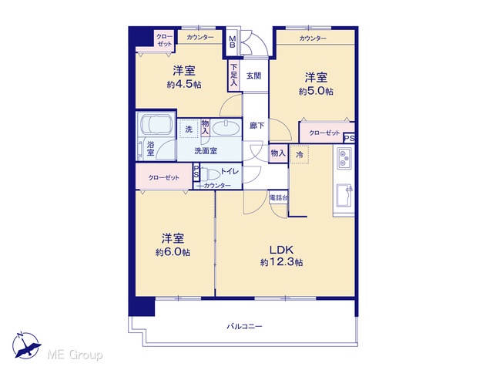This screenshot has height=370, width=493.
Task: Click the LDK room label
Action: (281, 250)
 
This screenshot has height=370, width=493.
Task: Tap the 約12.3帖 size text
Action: (281, 262)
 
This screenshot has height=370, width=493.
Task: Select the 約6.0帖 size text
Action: (173, 252)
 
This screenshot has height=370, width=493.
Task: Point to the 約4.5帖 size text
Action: (184, 84)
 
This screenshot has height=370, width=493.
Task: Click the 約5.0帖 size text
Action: (316, 91)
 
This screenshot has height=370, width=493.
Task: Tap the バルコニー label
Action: (244, 326)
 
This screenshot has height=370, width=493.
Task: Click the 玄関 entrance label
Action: (253, 76)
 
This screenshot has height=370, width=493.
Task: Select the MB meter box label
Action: (233, 42)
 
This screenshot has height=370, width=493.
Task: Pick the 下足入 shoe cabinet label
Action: (233, 76)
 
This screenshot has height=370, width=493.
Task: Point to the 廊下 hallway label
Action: (257, 126)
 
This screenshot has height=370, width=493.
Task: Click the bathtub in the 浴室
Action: (156, 124)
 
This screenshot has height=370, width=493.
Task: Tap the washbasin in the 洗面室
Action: (225, 128)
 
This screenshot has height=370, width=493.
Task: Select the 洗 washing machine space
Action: (189, 129)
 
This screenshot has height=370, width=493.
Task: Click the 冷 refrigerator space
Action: (300, 154)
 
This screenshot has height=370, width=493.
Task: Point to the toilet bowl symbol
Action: (210, 173)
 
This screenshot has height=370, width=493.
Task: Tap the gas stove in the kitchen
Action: (344, 157)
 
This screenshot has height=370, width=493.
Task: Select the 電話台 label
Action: (278, 198)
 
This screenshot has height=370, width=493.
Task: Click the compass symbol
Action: (26, 345)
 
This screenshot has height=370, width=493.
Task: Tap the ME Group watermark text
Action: (75, 355)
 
